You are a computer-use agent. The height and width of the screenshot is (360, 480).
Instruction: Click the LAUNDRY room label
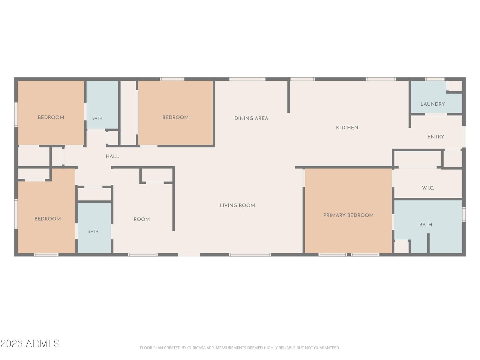pos(432,104)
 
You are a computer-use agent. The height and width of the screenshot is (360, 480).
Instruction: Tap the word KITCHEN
pos(347,128)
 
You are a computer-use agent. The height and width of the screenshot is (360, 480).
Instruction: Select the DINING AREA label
pos(251,118)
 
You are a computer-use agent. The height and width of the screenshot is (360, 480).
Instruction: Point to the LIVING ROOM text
pos(237,205)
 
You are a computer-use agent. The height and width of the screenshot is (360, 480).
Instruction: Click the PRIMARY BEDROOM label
pos(348,215)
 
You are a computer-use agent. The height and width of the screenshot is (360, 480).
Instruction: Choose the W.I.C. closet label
pos(428,188)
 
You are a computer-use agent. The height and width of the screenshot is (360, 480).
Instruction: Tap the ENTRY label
pos(436,137)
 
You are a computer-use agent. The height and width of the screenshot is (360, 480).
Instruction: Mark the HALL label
pos(112,157)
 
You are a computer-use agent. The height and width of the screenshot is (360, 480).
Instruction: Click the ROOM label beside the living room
pos(142,220)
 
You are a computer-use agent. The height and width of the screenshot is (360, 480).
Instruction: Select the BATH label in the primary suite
pos(425,225)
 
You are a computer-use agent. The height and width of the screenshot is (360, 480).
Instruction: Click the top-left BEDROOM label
pos(51,117)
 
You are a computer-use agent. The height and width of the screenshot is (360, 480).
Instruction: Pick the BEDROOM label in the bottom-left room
pos(47,219)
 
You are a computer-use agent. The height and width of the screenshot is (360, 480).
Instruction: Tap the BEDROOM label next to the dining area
pos(175,117)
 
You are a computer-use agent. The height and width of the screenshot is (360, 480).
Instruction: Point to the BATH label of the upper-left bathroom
pos(97,118)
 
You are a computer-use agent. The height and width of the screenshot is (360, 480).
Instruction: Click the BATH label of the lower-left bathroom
pos(93,232)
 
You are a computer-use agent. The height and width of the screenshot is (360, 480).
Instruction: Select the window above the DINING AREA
pos(247,79)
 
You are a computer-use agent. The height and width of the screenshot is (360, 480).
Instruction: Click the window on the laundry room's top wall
pos(434,79)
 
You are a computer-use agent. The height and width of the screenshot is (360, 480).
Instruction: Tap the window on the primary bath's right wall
pos(464,214)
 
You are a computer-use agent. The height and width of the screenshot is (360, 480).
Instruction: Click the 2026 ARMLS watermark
pos(30,343)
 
